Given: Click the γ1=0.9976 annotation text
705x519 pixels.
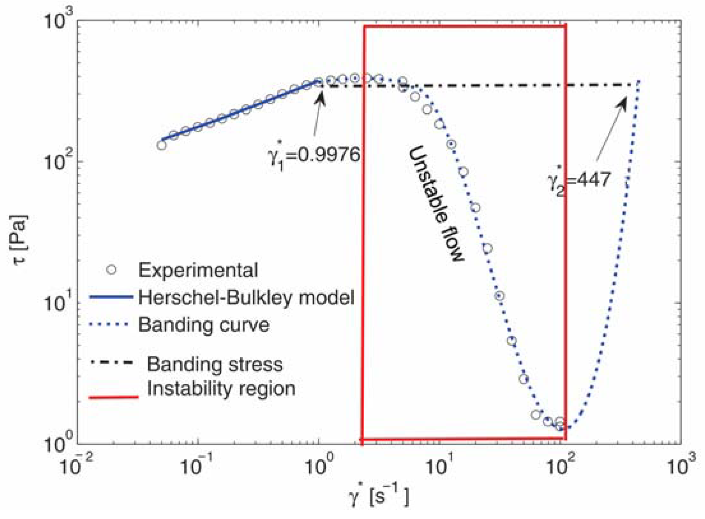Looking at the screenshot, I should click(314, 156).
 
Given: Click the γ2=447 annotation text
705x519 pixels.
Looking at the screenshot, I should click(579, 180).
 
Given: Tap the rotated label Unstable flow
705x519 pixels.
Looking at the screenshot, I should click(436, 204).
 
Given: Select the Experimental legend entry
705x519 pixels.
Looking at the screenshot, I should click(198, 270).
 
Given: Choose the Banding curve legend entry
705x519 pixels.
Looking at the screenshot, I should click(204, 325).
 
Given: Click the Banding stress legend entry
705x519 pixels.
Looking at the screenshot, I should click(215, 364).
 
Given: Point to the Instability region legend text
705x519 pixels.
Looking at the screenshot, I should click(221, 389).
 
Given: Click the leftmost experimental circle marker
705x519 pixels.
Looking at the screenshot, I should click(162, 145).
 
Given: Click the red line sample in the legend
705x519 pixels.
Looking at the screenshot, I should click(114, 397).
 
